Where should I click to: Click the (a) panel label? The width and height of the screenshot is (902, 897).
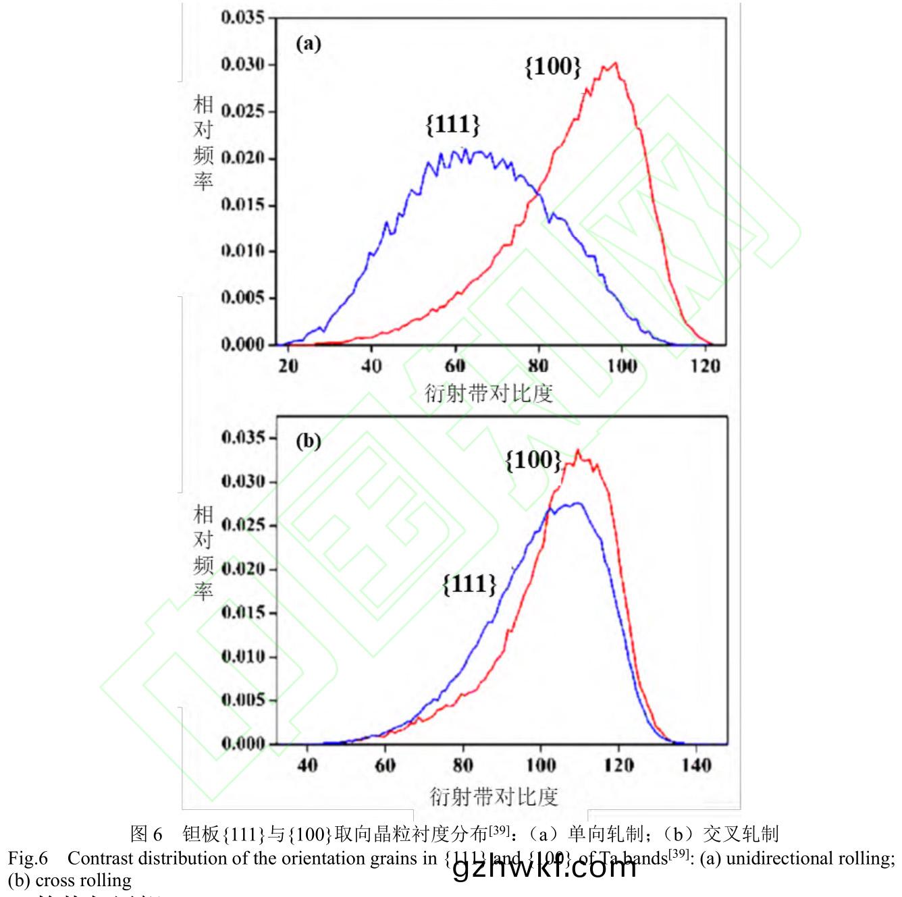pyautogui.click(x=309, y=45)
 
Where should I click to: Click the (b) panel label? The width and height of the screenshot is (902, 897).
pyautogui.click(x=309, y=441)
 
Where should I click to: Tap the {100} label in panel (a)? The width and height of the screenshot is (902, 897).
pyautogui.click(x=552, y=66)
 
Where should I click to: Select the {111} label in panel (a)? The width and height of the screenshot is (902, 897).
pyautogui.click(x=453, y=124)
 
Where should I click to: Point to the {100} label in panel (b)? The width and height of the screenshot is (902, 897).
pyautogui.click(x=533, y=460)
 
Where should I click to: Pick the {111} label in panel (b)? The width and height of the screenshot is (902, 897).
pyautogui.click(x=469, y=583)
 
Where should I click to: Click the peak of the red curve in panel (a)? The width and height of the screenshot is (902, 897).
pyautogui.click(x=615, y=63)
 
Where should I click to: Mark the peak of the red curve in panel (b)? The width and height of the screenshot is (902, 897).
pyautogui.click(x=577, y=450)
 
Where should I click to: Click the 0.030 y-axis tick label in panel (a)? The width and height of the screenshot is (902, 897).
pyautogui.click(x=243, y=65)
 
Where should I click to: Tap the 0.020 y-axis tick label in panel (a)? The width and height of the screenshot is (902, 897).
pyautogui.click(x=243, y=159)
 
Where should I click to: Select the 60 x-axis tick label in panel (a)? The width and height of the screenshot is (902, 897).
pyautogui.click(x=455, y=365)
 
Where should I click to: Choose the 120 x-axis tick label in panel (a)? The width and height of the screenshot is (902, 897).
pyautogui.click(x=706, y=365)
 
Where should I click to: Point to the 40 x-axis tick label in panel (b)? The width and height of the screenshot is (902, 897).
pyautogui.click(x=307, y=765)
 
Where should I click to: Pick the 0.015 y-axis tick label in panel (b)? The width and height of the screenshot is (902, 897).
pyautogui.click(x=243, y=613)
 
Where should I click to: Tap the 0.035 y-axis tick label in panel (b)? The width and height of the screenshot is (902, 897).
pyautogui.click(x=243, y=438)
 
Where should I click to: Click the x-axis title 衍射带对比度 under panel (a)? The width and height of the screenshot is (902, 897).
pyautogui.click(x=489, y=393)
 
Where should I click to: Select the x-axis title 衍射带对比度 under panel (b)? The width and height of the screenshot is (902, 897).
pyautogui.click(x=494, y=796)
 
